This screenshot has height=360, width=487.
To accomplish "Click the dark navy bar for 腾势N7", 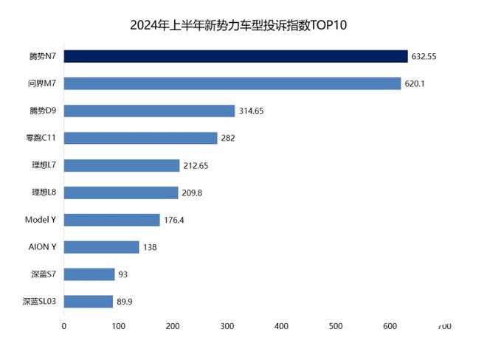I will pos(235,56).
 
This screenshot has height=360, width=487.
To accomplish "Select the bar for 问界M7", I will pos(232,83).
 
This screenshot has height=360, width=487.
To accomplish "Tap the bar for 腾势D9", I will pos(149,111).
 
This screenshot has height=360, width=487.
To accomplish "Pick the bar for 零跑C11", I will pos(140,138).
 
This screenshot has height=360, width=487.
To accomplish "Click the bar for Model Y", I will pos(111,220).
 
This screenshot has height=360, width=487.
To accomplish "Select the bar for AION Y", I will pos(101,247).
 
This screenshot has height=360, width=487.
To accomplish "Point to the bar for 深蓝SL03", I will pos(88,301).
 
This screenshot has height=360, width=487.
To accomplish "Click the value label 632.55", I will pos(424,56).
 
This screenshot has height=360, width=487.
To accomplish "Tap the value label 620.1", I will pos(415,83).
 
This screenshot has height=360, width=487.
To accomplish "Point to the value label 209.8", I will pos(193,193).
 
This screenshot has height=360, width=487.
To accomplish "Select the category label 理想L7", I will pos(44,165).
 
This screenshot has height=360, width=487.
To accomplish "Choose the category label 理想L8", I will pos(44,193).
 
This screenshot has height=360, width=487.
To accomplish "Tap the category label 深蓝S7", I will pos(44,274).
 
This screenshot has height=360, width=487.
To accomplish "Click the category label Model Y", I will pos(41,220).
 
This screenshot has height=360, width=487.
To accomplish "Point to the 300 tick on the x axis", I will pos(227,325).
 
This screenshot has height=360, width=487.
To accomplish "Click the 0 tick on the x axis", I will pos(64,325).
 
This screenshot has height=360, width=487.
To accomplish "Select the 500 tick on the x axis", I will pos(335,325).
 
